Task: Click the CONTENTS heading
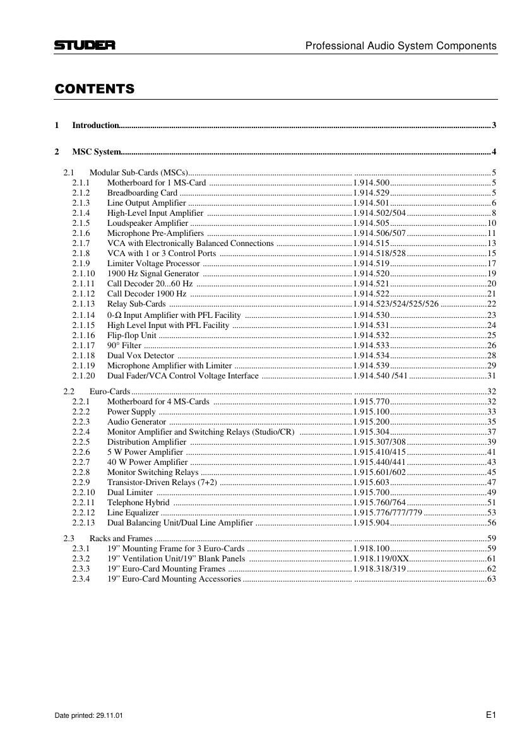(95, 89)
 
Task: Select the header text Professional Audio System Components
(401, 46)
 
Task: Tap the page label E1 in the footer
(491, 715)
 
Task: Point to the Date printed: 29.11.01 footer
(89, 716)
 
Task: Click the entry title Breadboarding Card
(142, 192)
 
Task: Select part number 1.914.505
(371, 223)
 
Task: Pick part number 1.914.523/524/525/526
(396, 304)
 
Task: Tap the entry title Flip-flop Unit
(131, 335)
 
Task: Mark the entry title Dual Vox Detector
(140, 356)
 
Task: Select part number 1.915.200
(371, 421)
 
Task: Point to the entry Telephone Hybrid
(138, 503)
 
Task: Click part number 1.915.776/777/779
(388, 513)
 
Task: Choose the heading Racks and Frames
(121, 538)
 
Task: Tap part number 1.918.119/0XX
(381, 559)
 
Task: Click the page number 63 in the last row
(492, 579)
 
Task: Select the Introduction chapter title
(95, 126)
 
